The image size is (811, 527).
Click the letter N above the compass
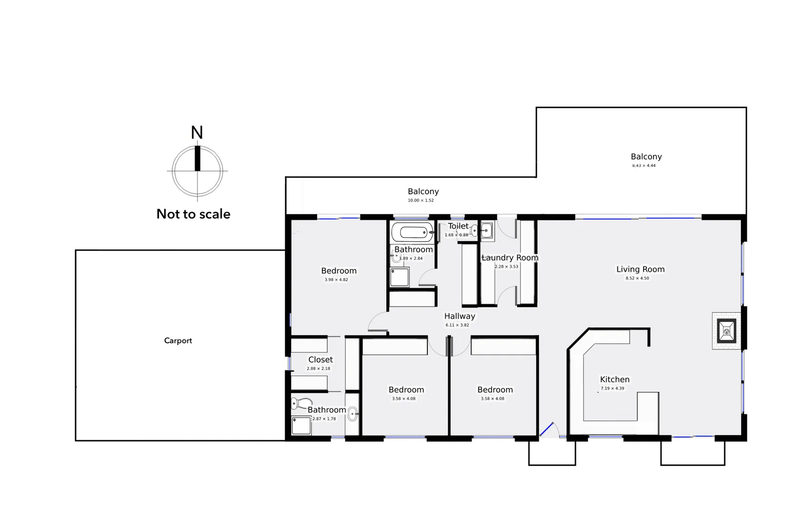197,132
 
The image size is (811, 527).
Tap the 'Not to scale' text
193,214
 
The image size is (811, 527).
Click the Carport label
178,341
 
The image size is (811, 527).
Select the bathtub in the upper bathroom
412,232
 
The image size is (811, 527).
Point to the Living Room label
640,269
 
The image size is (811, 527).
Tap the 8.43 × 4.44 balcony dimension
644,166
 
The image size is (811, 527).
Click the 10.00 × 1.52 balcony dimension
421,201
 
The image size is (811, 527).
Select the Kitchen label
614,379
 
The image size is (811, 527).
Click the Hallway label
459,316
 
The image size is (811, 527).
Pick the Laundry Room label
510,258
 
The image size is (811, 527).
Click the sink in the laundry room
487,230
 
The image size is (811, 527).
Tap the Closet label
320,360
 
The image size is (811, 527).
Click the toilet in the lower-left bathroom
296,404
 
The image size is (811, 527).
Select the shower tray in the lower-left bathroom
301,426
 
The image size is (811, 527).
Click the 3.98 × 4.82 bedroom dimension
336,280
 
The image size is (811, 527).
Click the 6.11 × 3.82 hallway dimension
457,325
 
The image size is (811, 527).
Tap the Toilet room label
458,226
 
